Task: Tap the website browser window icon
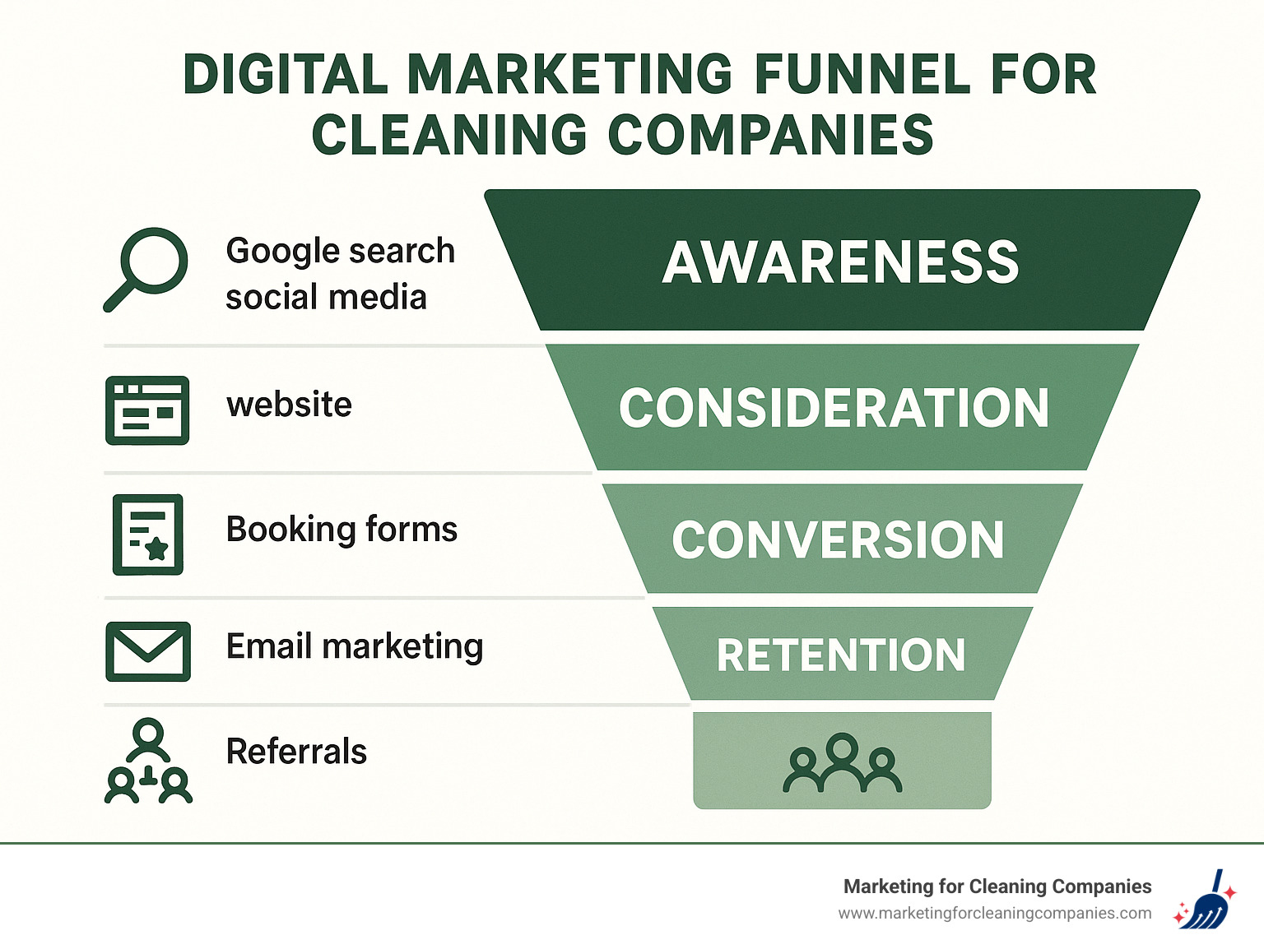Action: coord(147,410)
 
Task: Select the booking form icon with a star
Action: coord(148,535)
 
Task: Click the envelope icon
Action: coord(148,651)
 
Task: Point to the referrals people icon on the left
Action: coord(148,762)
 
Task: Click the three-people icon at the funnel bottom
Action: coord(842,764)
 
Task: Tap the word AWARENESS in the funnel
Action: coord(841,263)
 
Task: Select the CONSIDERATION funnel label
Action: coord(834,409)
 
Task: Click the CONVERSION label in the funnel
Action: coord(838,540)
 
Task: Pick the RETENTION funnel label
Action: coord(840,655)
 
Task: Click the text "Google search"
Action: coord(340,251)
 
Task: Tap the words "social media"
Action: coord(326,297)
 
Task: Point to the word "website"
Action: coord(289,405)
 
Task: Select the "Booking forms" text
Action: coord(342,530)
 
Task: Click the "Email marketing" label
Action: coord(355,646)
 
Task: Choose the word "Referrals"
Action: coord(296,752)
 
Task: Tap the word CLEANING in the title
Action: coord(449,135)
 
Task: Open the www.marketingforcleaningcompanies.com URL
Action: coord(994,914)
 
